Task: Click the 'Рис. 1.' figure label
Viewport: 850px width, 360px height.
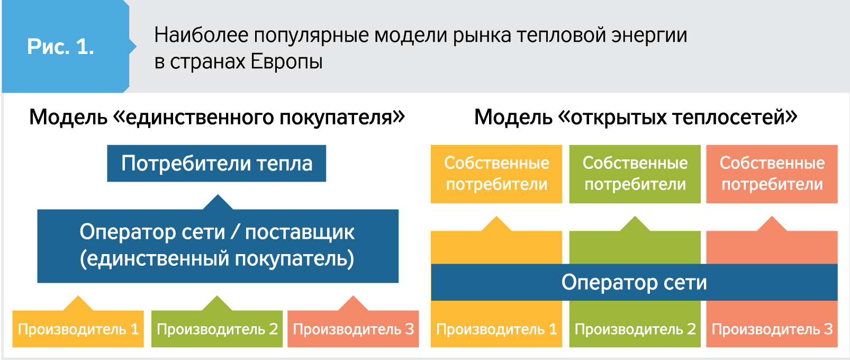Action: point(60,47)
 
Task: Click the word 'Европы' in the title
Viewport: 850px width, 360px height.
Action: point(286,61)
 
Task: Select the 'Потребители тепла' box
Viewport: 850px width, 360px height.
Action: point(216,163)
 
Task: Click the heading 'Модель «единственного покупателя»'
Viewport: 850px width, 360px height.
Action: point(217,117)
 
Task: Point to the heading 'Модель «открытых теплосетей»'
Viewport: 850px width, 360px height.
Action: point(636,117)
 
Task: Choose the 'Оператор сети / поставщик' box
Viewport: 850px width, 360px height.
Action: point(218,246)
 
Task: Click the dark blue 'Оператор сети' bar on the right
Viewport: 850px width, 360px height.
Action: point(634,282)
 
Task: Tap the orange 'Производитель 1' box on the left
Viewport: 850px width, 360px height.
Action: point(78,329)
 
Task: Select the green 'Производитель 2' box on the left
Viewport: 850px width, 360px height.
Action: point(217,329)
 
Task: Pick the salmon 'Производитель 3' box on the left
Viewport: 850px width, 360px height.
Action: point(353,329)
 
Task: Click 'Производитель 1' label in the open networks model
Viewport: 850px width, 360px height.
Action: point(496,329)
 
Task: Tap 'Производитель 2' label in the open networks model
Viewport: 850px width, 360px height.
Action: point(635,329)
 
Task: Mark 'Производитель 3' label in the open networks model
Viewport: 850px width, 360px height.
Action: point(772,329)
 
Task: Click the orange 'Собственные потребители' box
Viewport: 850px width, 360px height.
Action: point(496,174)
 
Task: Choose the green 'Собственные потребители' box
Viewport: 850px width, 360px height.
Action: point(635,174)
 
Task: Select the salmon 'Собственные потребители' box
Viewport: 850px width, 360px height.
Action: point(772,174)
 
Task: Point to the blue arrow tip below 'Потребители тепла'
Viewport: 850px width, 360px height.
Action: point(218,195)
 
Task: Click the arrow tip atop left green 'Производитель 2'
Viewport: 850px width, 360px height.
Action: point(217,296)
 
